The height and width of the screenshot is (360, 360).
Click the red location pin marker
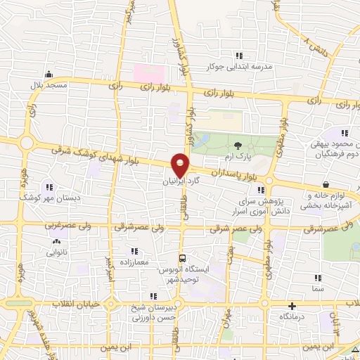181,164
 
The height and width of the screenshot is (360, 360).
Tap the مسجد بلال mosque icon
48,74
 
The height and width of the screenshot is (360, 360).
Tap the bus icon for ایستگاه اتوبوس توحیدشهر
183,258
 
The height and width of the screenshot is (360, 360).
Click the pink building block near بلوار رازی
150,73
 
